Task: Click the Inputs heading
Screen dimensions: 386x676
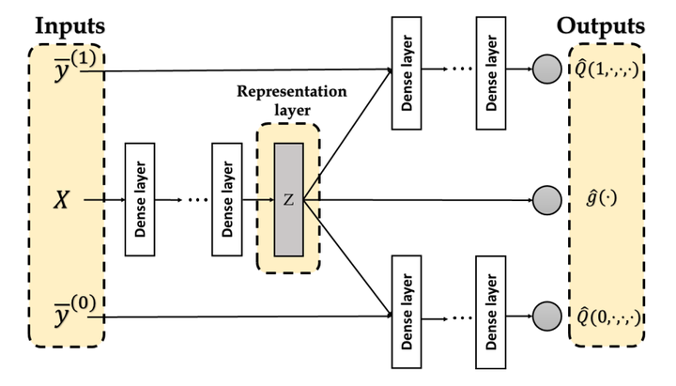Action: coord(70,26)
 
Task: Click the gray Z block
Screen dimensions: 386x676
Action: coord(288,199)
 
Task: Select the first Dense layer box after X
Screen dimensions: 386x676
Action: coord(138,199)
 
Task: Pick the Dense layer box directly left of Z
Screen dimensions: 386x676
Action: coord(225,199)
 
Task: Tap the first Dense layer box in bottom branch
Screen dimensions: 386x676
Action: coord(406,314)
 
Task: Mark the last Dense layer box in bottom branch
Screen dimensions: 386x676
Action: coord(493,314)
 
